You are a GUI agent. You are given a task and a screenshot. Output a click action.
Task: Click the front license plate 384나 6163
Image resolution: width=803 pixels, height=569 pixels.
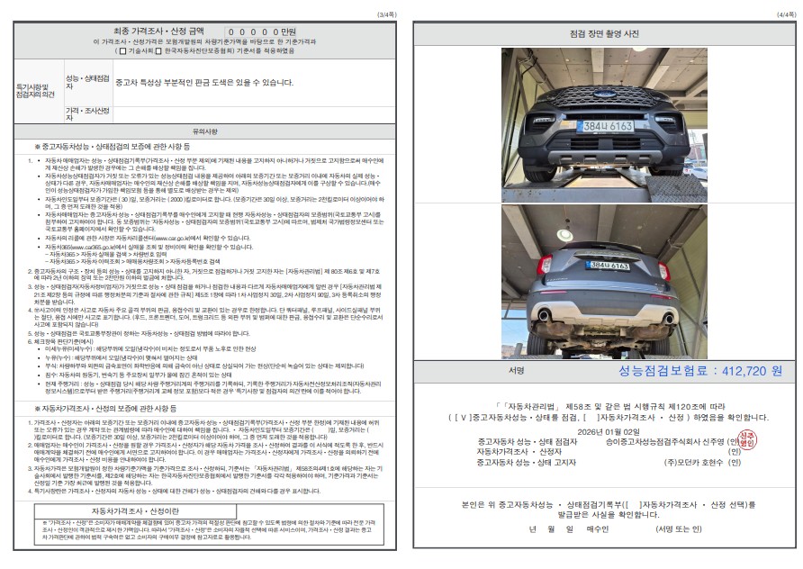pos(609,126)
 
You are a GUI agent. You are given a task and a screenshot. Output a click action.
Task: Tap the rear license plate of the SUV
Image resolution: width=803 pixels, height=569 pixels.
pos(609,265)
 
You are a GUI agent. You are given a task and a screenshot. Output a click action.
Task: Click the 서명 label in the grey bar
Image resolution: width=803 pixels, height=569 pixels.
pos(516,371)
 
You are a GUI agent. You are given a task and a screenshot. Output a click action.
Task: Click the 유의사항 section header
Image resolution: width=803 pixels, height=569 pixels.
pos(205,131)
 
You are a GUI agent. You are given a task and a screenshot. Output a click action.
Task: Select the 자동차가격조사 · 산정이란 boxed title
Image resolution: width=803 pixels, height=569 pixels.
pos(206,510)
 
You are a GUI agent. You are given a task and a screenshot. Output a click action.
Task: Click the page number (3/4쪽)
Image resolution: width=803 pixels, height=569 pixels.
pos(385,14)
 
